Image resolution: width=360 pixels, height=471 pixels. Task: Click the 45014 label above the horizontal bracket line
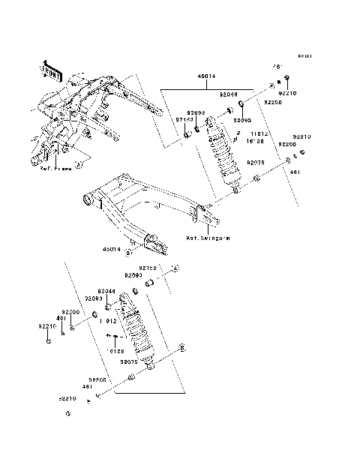(x=206, y=76)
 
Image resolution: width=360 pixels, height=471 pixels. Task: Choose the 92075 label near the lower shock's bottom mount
(x=128, y=361)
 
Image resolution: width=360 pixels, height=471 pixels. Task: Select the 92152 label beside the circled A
(x=147, y=267)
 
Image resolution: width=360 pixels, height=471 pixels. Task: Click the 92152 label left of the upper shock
(x=184, y=119)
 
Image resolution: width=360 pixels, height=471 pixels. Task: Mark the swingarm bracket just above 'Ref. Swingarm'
(x=211, y=220)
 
